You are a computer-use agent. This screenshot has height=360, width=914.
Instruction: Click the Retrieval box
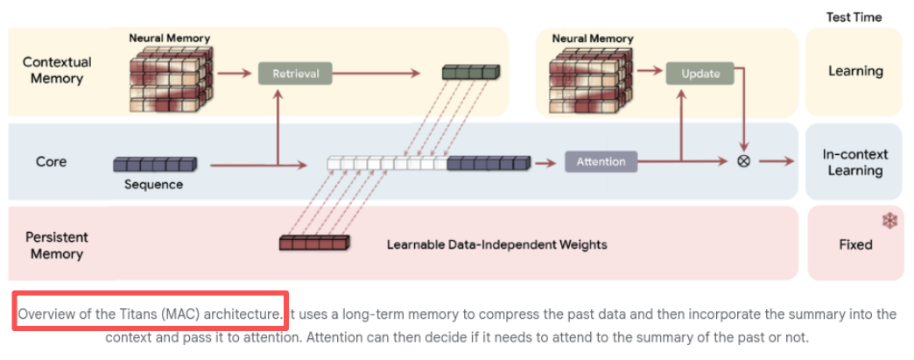(x=295, y=74)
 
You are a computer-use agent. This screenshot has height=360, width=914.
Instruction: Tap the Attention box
(x=601, y=161)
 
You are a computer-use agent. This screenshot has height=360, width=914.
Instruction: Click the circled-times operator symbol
(x=743, y=161)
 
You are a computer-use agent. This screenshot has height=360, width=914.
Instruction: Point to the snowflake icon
(x=889, y=221)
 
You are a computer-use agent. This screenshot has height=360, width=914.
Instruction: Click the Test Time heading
(x=854, y=17)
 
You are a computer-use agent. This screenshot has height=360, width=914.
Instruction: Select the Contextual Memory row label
(x=56, y=70)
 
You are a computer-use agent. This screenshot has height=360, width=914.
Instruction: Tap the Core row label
(x=51, y=162)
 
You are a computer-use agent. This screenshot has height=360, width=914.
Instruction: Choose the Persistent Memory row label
(x=56, y=245)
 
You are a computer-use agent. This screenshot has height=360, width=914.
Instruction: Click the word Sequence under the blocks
(x=153, y=185)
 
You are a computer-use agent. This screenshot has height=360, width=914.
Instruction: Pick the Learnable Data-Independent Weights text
(x=496, y=244)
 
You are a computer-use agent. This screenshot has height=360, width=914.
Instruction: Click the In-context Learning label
(x=854, y=162)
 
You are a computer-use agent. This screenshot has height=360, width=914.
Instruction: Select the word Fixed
(x=855, y=244)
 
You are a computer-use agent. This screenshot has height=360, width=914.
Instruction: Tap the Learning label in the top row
(x=855, y=71)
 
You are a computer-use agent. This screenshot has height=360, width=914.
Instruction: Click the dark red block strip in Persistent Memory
(x=313, y=243)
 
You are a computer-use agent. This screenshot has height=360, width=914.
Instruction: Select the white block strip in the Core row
(x=386, y=163)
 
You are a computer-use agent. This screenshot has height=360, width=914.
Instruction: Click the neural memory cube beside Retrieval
(x=171, y=77)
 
